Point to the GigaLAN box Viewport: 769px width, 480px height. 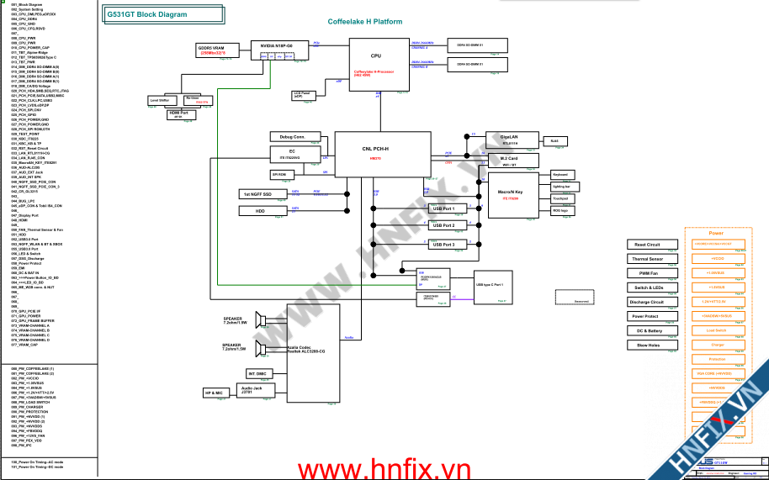pos(508,140)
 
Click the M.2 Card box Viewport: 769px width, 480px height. pos(508,161)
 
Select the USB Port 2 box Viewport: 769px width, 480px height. pos(443,225)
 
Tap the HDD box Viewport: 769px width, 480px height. pos(260,211)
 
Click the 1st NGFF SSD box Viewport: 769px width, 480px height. pos(260,194)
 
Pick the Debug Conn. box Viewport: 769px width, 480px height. pos(292,136)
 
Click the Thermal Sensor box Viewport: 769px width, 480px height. pos(648,259)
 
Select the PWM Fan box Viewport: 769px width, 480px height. pos(648,273)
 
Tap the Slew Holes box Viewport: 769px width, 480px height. pos(648,345)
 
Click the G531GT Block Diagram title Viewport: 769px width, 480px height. pos(148,14)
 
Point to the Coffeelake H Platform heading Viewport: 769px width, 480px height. pos(364,21)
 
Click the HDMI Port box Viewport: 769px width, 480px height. pos(178,113)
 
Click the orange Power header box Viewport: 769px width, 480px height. pos(716,233)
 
